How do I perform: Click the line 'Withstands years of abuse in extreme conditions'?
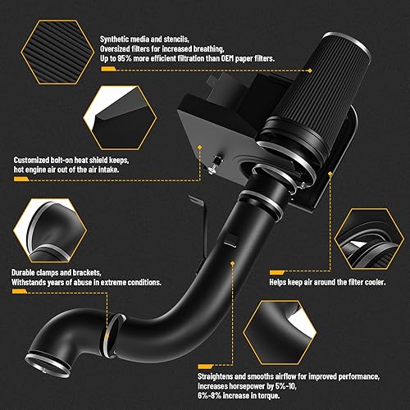86,281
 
